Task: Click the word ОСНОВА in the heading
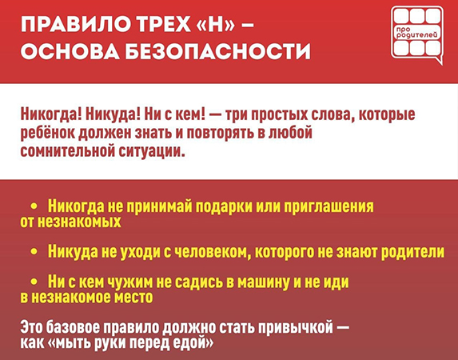[x=70, y=50]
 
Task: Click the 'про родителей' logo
[x=417, y=35]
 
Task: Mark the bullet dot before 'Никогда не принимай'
[x=34, y=206]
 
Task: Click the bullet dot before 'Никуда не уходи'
[x=34, y=251]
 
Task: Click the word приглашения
[x=329, y=206]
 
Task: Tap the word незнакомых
[x=79, y=222]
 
